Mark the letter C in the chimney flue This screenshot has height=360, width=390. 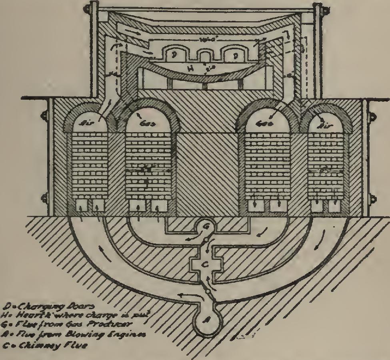tap(204, 264)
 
